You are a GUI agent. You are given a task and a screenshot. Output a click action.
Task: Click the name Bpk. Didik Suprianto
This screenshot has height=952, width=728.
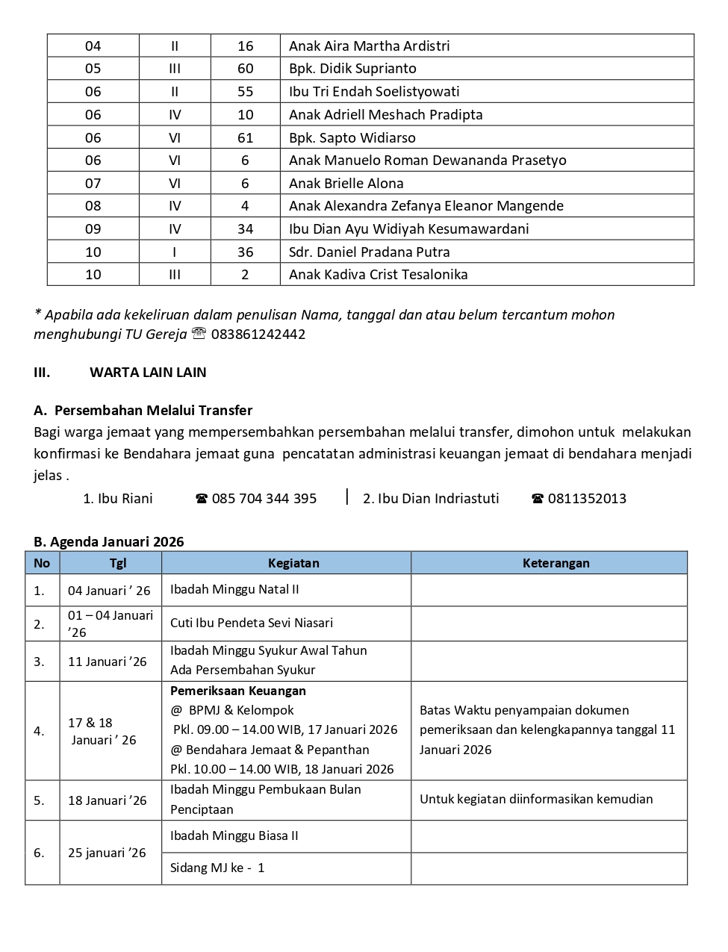click(x=352, y=69)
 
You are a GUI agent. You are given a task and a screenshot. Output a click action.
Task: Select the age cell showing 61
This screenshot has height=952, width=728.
click(x=245, y=137)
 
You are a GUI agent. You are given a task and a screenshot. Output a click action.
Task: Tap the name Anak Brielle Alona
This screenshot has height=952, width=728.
click(x=346, y=183)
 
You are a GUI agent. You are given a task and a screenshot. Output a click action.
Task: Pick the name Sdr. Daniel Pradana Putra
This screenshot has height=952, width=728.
click(x=370, y=252)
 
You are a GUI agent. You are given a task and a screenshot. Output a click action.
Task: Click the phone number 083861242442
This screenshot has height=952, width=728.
click(x=258, y=335)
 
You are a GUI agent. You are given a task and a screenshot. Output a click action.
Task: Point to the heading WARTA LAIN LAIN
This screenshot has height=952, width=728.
click(x=148, y=372)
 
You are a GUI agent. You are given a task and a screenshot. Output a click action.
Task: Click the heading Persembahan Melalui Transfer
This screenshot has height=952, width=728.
click(x=153, y=410)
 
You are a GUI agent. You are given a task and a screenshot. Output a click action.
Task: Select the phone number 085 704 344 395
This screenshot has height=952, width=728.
click(x=264, y=498)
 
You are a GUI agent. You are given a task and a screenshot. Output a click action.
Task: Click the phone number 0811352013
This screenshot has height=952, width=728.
click(x=587, y=498)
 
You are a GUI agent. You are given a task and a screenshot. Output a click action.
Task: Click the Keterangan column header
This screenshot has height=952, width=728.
click(x=556, y=563)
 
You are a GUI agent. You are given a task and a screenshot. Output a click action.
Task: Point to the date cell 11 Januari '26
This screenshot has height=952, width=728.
click(x=108, y=662)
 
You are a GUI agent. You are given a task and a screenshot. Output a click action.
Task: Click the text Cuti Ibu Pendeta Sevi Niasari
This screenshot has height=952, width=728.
click(x=252, y=623)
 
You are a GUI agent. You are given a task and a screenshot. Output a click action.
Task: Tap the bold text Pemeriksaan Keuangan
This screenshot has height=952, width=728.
click(x=238, y=691)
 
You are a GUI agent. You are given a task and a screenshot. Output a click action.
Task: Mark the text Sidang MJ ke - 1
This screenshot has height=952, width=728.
click(x=217, y=868)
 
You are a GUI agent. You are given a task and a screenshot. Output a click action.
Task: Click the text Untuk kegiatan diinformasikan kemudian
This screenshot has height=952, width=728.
click(x=536, y=799)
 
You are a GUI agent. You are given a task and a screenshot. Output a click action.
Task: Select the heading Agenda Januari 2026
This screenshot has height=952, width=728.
click(x=117, y=541)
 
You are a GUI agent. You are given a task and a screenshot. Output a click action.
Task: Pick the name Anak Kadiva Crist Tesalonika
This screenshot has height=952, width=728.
click(x=379, y=274)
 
